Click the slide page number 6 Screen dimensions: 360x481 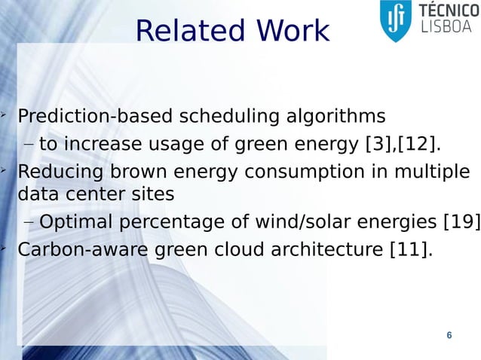pos(449,335)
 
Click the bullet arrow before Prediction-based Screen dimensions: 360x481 pos(5,114)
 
